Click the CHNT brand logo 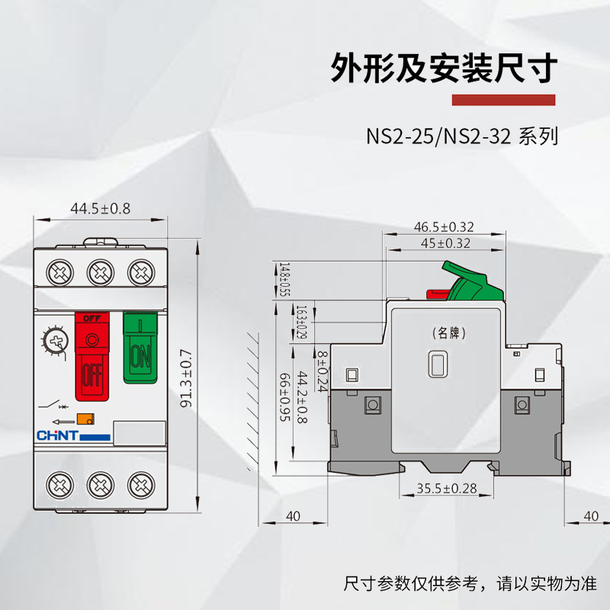(56, 435)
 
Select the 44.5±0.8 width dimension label (100, 208)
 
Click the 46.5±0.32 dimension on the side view (444, 226)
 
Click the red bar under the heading (504, 100)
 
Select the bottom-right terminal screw (139, 483)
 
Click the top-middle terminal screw (98, 271)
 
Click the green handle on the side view (470, 281)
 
